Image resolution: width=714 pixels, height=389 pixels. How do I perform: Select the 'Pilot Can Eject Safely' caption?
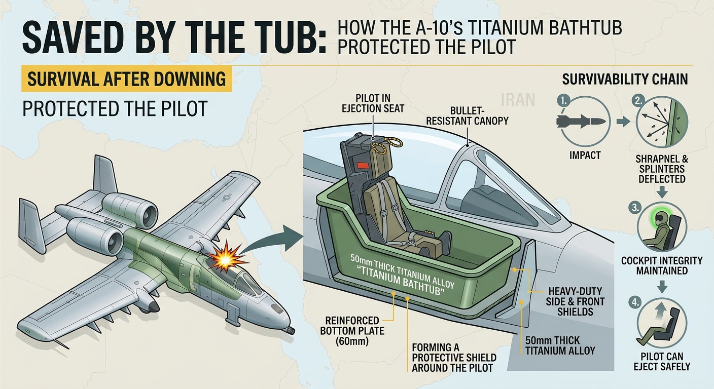661,361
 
